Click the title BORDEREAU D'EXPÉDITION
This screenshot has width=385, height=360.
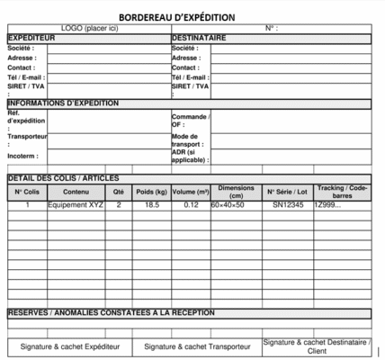pos(177,17)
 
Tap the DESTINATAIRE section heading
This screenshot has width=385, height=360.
pos(199,38)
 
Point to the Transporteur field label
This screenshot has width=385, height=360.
pos(26,139)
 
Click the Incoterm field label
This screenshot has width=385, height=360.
pos(22,156)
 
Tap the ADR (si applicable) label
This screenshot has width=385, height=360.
pos(190,156)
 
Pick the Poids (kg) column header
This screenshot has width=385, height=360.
pos(151,192)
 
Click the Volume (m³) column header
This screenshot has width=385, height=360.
pos(190,192)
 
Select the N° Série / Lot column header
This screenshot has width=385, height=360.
pos(288,192)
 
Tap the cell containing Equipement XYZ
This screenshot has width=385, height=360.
pos(76,205)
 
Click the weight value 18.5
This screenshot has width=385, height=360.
pos(151,205)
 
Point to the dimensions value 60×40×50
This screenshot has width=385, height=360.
pos(228,205)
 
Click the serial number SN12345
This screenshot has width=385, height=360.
pos(288,205)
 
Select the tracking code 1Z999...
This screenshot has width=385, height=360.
pos(327,205)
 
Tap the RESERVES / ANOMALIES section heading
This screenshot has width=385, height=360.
pos(112,312)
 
